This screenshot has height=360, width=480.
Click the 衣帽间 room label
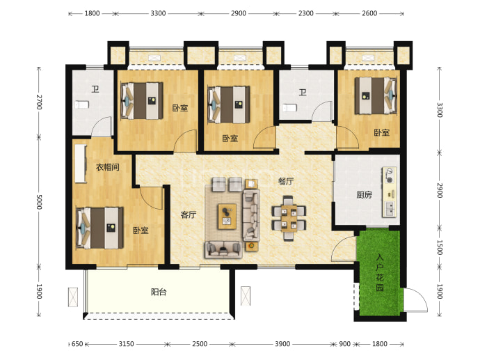pos(107,167)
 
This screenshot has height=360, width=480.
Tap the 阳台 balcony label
pos(159,292)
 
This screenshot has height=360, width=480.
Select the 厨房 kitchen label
pos(364,195)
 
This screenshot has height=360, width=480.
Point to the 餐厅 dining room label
pos(286,181)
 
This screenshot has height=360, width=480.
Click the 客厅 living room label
pos(189,214)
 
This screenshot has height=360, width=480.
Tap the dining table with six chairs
pos(289,218)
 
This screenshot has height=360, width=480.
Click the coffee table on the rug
pos(227,217)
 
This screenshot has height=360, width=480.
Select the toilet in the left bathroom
pos(81,104)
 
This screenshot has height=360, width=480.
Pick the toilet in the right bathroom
pos(289,108)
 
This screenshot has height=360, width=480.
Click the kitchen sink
pos(390,210)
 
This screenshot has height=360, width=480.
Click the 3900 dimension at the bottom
pos(282,344)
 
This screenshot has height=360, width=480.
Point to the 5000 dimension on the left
pos(39,202)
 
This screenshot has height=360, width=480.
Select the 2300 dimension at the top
pos(306,13)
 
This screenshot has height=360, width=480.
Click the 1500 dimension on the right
pos(440,247)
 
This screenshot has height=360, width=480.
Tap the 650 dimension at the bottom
pos(77,344)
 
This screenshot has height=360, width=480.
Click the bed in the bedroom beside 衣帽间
pos(99,228)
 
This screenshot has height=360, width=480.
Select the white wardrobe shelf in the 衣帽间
pos(81,164)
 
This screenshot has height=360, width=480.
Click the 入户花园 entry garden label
pos(380,272)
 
